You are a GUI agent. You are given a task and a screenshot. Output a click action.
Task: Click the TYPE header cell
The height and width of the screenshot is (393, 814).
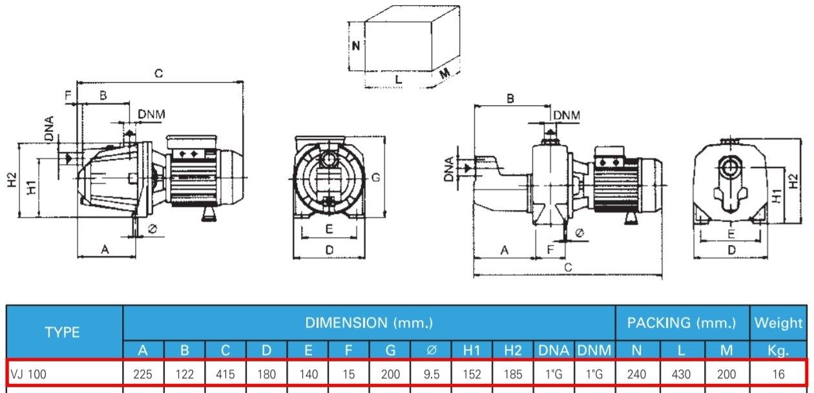pyautogui.click(x=62, y=332)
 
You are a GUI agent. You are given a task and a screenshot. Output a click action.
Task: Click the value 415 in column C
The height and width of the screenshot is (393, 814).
pyautogui.click(x=225, y=374)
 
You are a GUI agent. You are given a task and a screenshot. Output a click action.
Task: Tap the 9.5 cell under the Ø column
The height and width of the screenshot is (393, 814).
pyautogui.click(x=432, y=374)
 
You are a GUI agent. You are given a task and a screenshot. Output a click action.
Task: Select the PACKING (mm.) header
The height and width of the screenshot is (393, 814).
pyautogui.click(x=682, y=322)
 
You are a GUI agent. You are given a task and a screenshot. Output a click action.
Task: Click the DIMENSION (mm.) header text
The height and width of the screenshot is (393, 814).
pyautogui.click(x=369, y=322)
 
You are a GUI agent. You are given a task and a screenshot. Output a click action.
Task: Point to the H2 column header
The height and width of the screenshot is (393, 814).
pyautogui.click(x=512, y=351)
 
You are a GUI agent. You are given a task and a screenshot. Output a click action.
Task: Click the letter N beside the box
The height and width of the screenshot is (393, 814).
pyautogui.click(x=355, y=46)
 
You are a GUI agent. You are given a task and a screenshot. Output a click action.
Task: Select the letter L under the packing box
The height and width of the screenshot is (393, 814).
pyautogui.click(x=399, y=80)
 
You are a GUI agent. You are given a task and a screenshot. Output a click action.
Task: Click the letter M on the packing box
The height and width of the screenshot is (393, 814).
pyautogui.click(x=444, y=74)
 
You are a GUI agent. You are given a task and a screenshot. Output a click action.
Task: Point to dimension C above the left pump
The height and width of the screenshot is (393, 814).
pyautogui.click(x=158, y=74)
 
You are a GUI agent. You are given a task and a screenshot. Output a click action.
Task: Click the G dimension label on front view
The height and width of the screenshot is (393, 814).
pyautogui.click(x=375, y=176)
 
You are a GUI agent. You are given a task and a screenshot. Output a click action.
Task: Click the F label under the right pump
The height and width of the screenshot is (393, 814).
pyautogui.click(x=550, y=249)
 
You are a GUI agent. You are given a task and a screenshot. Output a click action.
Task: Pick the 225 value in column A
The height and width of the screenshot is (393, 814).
pyautogui.click(x=143, y=374)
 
